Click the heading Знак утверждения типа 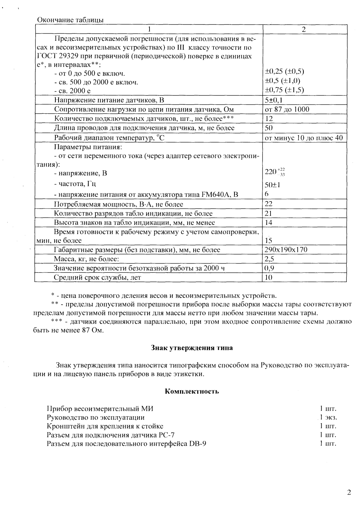[x=192, y=348]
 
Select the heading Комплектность [x=192, y=391]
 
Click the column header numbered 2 [x=304, y=29]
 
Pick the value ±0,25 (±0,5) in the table [x=284, y=71]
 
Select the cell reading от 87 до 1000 [x=287, y=109]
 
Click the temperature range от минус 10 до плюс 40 [x=303, y=138]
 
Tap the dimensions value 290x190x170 [x=286, y=250]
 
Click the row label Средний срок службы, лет [x=97, y=277]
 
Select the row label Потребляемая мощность [x=118, y=204]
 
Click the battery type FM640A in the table [x=215, y=195]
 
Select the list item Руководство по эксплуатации [x=95, y=418]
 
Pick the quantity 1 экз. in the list [x=328, y=418]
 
